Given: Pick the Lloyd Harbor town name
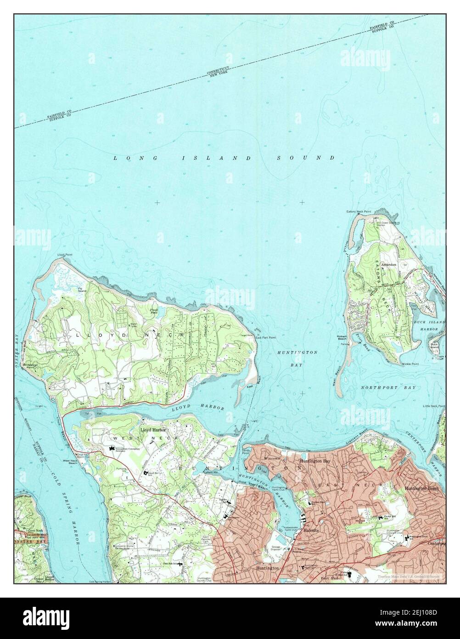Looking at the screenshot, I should coord(152,429).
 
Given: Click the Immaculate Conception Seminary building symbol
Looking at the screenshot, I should coord(111,449).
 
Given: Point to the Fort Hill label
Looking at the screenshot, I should coord(329,578).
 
